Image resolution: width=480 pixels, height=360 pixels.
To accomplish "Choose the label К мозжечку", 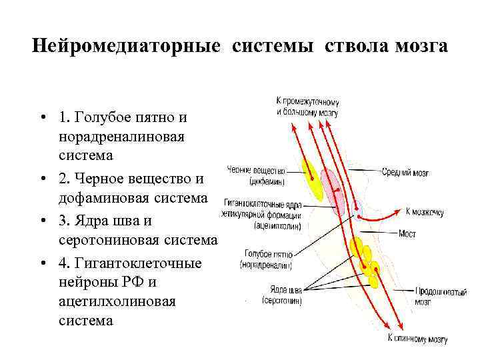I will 425,213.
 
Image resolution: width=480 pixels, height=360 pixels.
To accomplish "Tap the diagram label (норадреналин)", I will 268,264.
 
